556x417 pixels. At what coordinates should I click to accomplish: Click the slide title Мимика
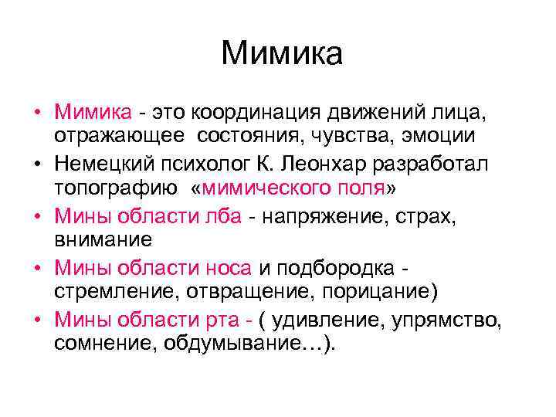[281, 55]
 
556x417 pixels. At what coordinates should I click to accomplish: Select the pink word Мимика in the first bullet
[93, 113]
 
